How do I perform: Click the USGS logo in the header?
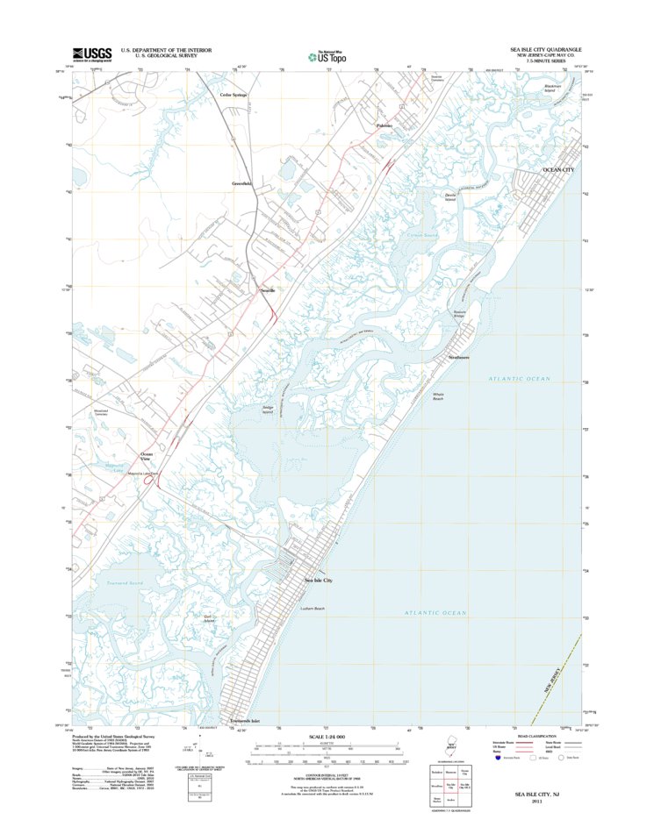pos(92,53)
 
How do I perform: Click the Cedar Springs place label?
pos(234,94)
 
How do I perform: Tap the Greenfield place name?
pos(241,183)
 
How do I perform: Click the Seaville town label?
pos(267,289)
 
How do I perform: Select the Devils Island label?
pos(450,197)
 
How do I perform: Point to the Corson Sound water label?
pos(422,234)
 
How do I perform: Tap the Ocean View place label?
pos(147,455)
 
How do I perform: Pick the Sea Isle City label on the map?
pos(319,581)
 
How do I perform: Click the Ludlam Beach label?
pos(313,609)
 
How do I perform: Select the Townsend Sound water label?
pos(125,583)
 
